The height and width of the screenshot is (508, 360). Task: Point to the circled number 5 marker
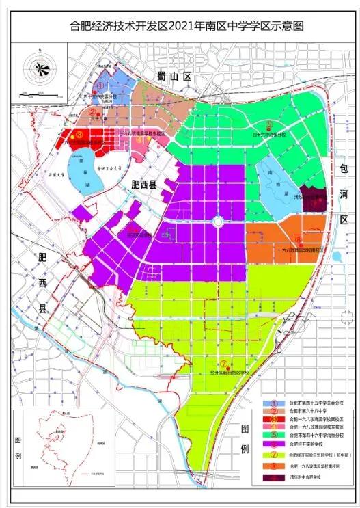coord(268,125)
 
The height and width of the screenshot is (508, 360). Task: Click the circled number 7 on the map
coord(223,363)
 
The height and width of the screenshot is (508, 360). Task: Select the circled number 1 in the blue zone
coord(100,86)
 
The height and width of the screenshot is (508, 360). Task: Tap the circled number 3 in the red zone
coord(79,135)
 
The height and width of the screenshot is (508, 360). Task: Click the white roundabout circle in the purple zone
coord(217,222)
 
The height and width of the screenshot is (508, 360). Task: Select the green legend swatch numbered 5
coord(274,435)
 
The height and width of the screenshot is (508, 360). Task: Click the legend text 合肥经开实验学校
coord(306,444)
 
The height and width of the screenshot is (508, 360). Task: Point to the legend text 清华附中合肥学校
coord(307,477)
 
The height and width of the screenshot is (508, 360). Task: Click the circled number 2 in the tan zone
coord(102,107)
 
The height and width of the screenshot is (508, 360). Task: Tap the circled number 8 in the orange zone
coord(299,238)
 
